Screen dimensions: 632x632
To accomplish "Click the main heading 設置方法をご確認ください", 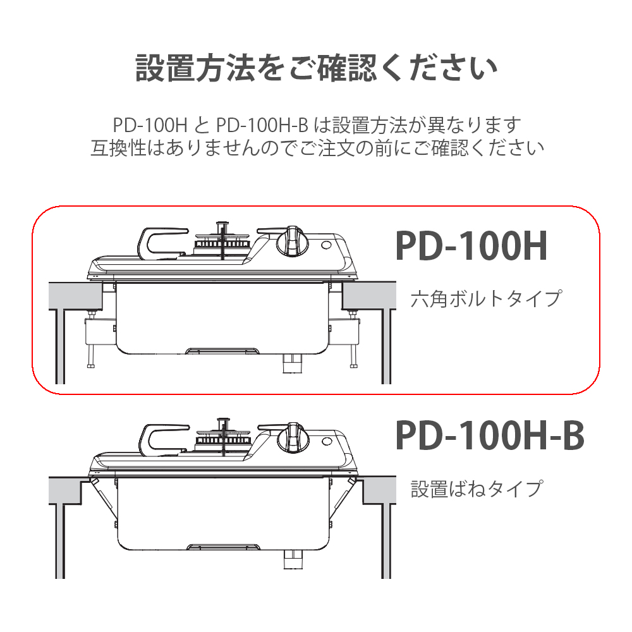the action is (x=317, y=68).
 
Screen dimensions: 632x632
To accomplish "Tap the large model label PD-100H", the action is (x=471, y=246).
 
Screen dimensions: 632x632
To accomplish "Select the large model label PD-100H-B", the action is (x=490, y=435).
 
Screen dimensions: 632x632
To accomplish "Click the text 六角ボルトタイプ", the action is (x=485, y=299).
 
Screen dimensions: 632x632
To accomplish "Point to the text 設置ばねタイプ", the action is (x=477, y=489).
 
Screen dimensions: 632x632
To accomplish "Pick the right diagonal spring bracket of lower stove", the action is (x=343, y=499).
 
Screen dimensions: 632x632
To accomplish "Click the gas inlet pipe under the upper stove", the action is (x=291, y=363).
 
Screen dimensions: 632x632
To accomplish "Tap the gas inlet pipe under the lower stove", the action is (x=293, y=559).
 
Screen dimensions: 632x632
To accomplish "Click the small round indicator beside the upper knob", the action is (x=327, y=245).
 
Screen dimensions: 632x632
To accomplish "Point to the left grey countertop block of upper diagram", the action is (x=75, y=296).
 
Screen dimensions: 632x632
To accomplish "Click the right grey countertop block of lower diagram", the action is (x=379, y=490).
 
